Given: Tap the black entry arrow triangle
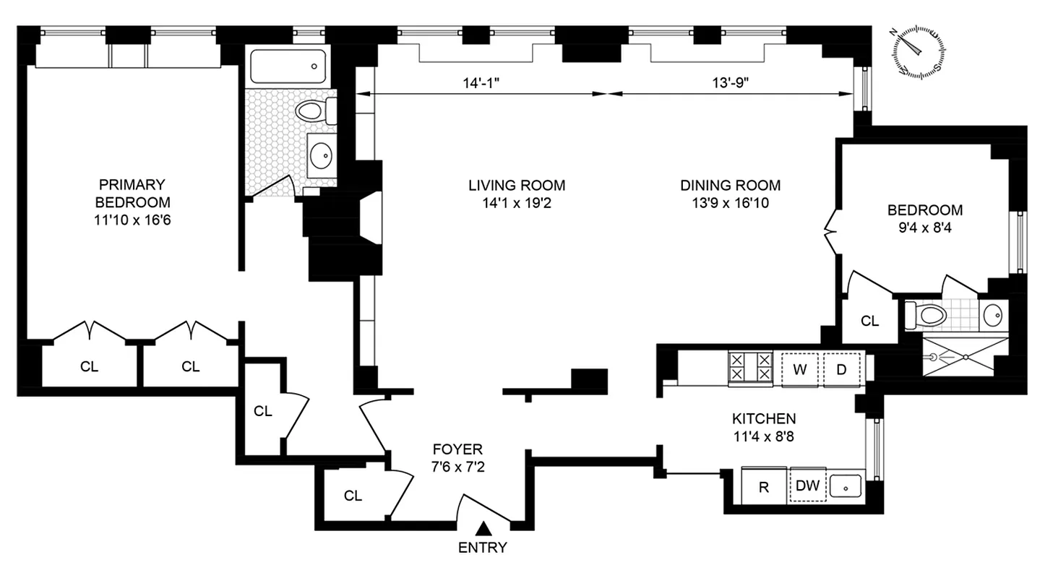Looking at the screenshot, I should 482,530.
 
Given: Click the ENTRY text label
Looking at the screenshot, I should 482,548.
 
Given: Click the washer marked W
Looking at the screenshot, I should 799,368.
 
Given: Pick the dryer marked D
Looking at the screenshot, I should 842,368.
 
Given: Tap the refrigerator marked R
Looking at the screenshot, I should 763,486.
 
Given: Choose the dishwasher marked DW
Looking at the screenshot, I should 807,486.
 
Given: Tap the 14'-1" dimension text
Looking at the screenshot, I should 482,82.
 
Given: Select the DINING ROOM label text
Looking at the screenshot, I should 730,186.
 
